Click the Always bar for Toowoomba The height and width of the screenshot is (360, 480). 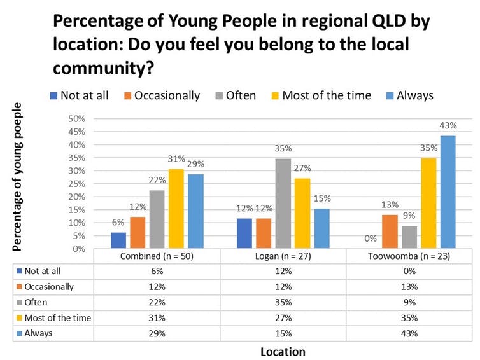click(448, 192)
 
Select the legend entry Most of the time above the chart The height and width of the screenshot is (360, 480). click(321, 95)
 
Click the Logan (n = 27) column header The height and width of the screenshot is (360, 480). click(284, 256)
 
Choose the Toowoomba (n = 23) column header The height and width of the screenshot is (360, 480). click(412, 256)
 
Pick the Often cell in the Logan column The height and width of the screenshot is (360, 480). click(284, 302)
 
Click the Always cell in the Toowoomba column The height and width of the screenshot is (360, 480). click(412, 333)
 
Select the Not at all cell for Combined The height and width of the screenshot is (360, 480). click(157, 272)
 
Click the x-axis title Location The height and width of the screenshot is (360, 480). click(283, 351)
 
